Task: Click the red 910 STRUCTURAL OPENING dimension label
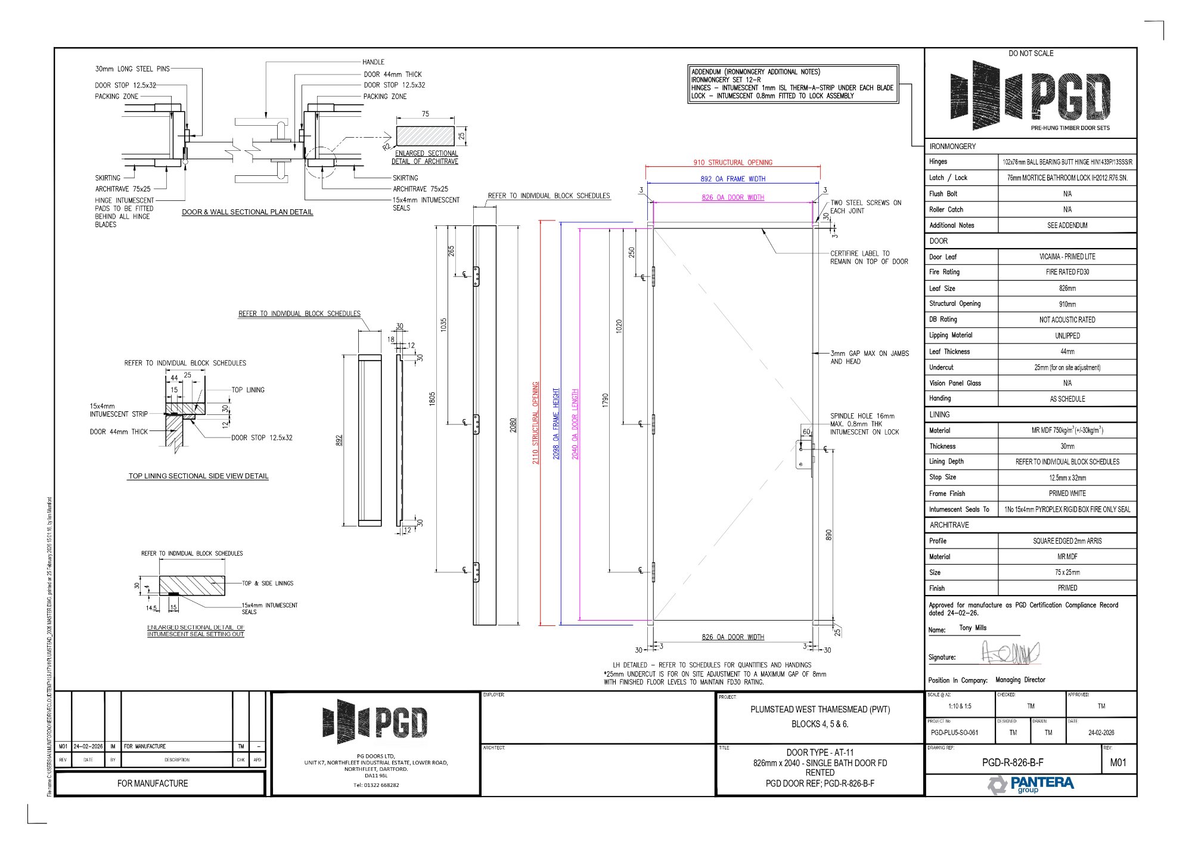click(x=732, y=162)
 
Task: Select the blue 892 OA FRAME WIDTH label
click(x=732, y=179)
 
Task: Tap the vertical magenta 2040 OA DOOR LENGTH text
click(x=575, y=424)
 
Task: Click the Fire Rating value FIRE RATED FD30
click(x=1067, y=272)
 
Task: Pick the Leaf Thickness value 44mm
click(x=1067, y=352)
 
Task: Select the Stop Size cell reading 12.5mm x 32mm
click(x=1067, y=478)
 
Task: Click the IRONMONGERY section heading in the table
click(x=952, y=146)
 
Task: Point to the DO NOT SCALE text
click(x=1030, y=54)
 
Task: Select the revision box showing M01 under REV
click(x=1118, y=763)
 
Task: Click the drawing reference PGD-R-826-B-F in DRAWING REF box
click(x=1013, y=763)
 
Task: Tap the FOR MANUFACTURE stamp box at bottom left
click(x=153, y=783)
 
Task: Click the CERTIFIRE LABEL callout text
click(x=868, y=258)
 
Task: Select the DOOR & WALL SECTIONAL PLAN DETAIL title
click(x=247, y=212)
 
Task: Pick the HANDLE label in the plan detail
click(x=373, y=62)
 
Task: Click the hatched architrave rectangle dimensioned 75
click(x=425, y=135)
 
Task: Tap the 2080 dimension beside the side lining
click(x=513, y=425)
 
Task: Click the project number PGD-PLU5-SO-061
click(x=954, y=733)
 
